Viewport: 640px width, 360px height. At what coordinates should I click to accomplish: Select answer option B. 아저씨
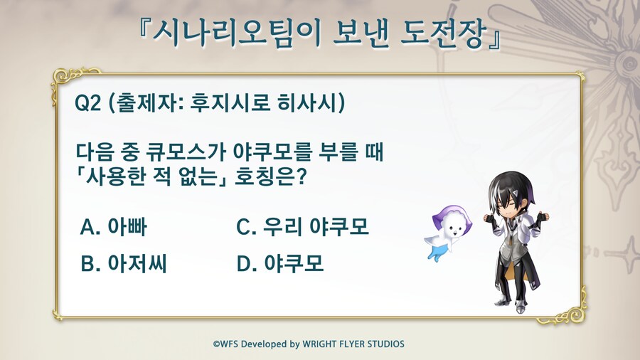[x=124, y=263]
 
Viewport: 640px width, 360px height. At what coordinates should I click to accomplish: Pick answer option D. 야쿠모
[x=280, y=263]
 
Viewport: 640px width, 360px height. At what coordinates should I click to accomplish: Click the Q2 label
[x=87, y=102]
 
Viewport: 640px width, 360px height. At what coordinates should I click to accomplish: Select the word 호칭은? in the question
[x=270, y=177]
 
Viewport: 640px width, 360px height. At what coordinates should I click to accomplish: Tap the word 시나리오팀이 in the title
[x=237, y=33]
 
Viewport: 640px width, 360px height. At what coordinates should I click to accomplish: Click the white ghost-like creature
[x=448, y=233]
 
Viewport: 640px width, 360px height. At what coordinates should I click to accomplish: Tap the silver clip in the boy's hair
[x=516, y=191]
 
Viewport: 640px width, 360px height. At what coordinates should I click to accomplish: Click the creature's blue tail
[x=435, y=254]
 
